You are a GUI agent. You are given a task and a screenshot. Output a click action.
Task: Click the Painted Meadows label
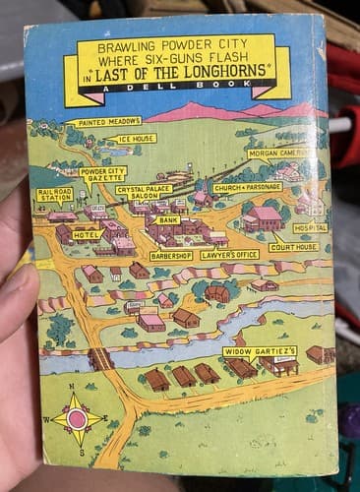104,123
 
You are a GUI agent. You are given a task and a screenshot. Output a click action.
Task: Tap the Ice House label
136,139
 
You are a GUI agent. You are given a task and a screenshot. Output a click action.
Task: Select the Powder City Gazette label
102,173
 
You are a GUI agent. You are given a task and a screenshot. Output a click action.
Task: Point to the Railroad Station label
55,194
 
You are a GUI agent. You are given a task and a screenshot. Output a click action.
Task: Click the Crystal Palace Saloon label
144,191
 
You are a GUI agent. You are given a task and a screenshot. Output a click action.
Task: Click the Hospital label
309,227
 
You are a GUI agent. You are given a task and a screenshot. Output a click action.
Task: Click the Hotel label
87,235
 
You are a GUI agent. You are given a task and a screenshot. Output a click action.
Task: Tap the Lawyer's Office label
229,255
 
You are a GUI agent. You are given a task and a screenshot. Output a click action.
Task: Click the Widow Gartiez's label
260,350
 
